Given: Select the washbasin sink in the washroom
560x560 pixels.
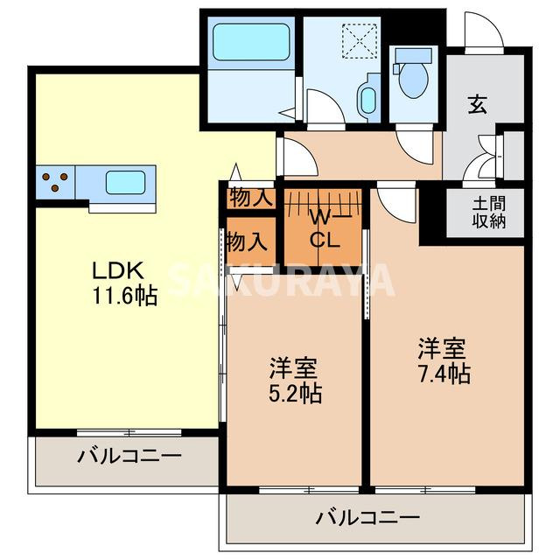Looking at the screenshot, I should coord(367,100).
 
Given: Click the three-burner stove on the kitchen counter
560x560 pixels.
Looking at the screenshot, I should coord(55,183).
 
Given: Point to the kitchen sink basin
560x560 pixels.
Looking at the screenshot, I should coord(125,183).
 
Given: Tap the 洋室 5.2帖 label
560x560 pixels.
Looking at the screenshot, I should coord(294,380).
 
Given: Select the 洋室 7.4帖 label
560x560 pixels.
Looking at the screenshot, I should coord(444,360).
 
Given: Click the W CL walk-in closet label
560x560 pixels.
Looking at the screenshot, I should coord(319,227).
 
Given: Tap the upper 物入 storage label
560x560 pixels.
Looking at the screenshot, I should coord(250,198).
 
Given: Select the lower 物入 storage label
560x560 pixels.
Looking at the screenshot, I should coord(246,241).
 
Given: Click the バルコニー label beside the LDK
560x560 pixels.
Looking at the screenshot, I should coord(129,455).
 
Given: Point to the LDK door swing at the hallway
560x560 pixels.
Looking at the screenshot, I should coord(297,156).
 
